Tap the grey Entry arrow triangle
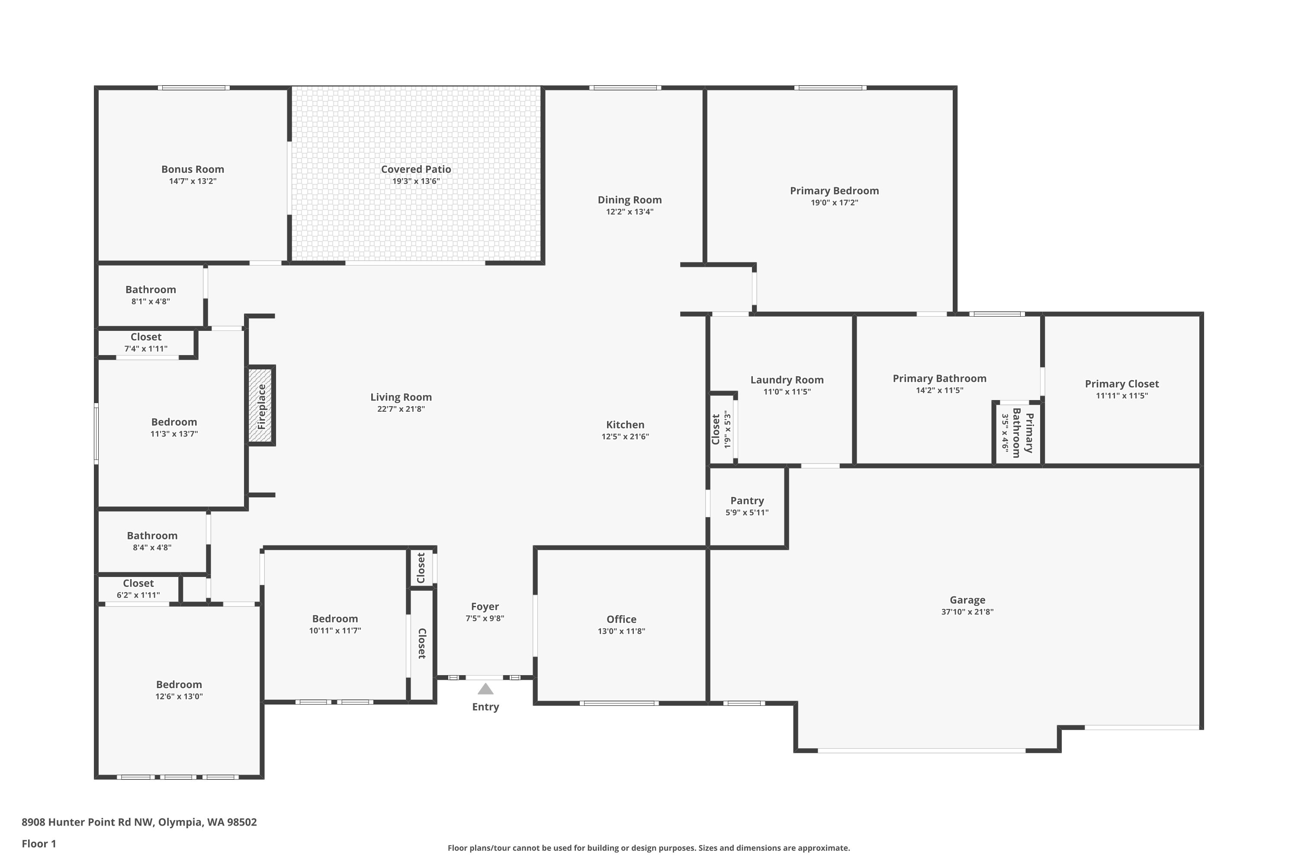(485, 689)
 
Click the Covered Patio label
(416, 170)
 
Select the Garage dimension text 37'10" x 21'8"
(967, 612)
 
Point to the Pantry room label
(747, 500)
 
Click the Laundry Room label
(787, 380)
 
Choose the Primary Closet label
(1122, 384)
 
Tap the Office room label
(621, 619)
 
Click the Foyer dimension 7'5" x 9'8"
(485, 618)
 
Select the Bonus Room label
(193, 170)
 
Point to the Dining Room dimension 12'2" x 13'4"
(630, 212)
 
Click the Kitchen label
(625, 425)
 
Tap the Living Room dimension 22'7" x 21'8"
(401, 409)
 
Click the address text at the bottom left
(139, 823)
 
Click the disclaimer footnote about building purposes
(649, 848)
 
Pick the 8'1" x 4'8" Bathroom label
(151, 290)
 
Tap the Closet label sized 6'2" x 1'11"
(138, 583)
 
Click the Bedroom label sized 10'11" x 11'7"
(335, 619)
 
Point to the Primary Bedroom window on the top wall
(831, 88)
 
